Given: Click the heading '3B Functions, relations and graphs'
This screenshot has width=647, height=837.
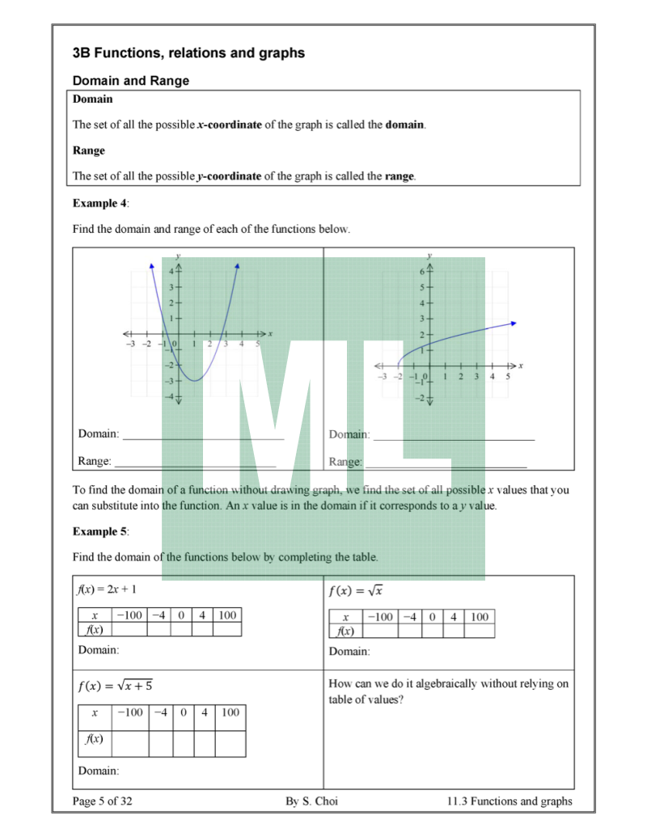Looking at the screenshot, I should click(x=188, y=53).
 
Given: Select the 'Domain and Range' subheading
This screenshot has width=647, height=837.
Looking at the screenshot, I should click(x=131, y=81).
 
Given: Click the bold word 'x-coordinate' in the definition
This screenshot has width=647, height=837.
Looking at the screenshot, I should click(x=229, y=125).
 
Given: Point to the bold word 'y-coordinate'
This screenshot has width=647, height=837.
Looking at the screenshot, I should click(x=229, y=176).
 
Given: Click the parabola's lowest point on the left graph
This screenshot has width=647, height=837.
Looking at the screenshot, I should click(x=193, y=379).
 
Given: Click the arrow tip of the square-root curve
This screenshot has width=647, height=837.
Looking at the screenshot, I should click(x=514, y=323).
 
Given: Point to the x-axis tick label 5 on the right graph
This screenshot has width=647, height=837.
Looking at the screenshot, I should click(x=508, y=377).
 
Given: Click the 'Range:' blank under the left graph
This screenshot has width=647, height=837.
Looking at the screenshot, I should click(x=194, y=463).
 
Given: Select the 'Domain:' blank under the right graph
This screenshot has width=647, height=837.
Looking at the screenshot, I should click(x=453, y=435).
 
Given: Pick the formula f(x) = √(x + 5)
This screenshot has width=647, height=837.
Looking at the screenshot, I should click(x=115, y=687).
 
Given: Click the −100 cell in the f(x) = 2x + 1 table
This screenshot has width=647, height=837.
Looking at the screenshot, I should click(x=129, y=615).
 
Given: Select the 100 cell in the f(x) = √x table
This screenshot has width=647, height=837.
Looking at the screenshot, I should click(x=480, y=617).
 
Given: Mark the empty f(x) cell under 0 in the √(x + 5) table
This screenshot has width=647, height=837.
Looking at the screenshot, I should click(x=184, y=739).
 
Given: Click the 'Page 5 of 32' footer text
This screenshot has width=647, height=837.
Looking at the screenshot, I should click(x=102, y=801).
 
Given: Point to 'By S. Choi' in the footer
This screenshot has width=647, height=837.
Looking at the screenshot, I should click(x=311, y=801).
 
